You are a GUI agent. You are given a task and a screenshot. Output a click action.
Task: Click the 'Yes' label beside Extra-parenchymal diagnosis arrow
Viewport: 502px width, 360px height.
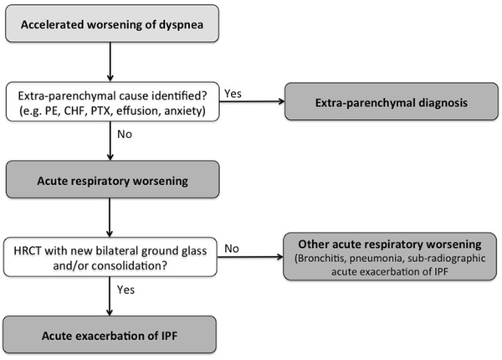pyautogui.click(x=235, y=95)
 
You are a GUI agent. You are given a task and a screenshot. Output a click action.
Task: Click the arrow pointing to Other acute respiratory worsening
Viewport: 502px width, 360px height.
pyautogui.click(x=255, y=257)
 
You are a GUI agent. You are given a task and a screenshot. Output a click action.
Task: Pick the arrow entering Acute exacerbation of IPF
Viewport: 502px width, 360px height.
pyautogui.click(x=111, y=296)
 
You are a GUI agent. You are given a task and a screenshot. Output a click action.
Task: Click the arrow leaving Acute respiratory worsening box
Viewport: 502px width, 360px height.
pyautogui.click(x=111, y=214)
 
